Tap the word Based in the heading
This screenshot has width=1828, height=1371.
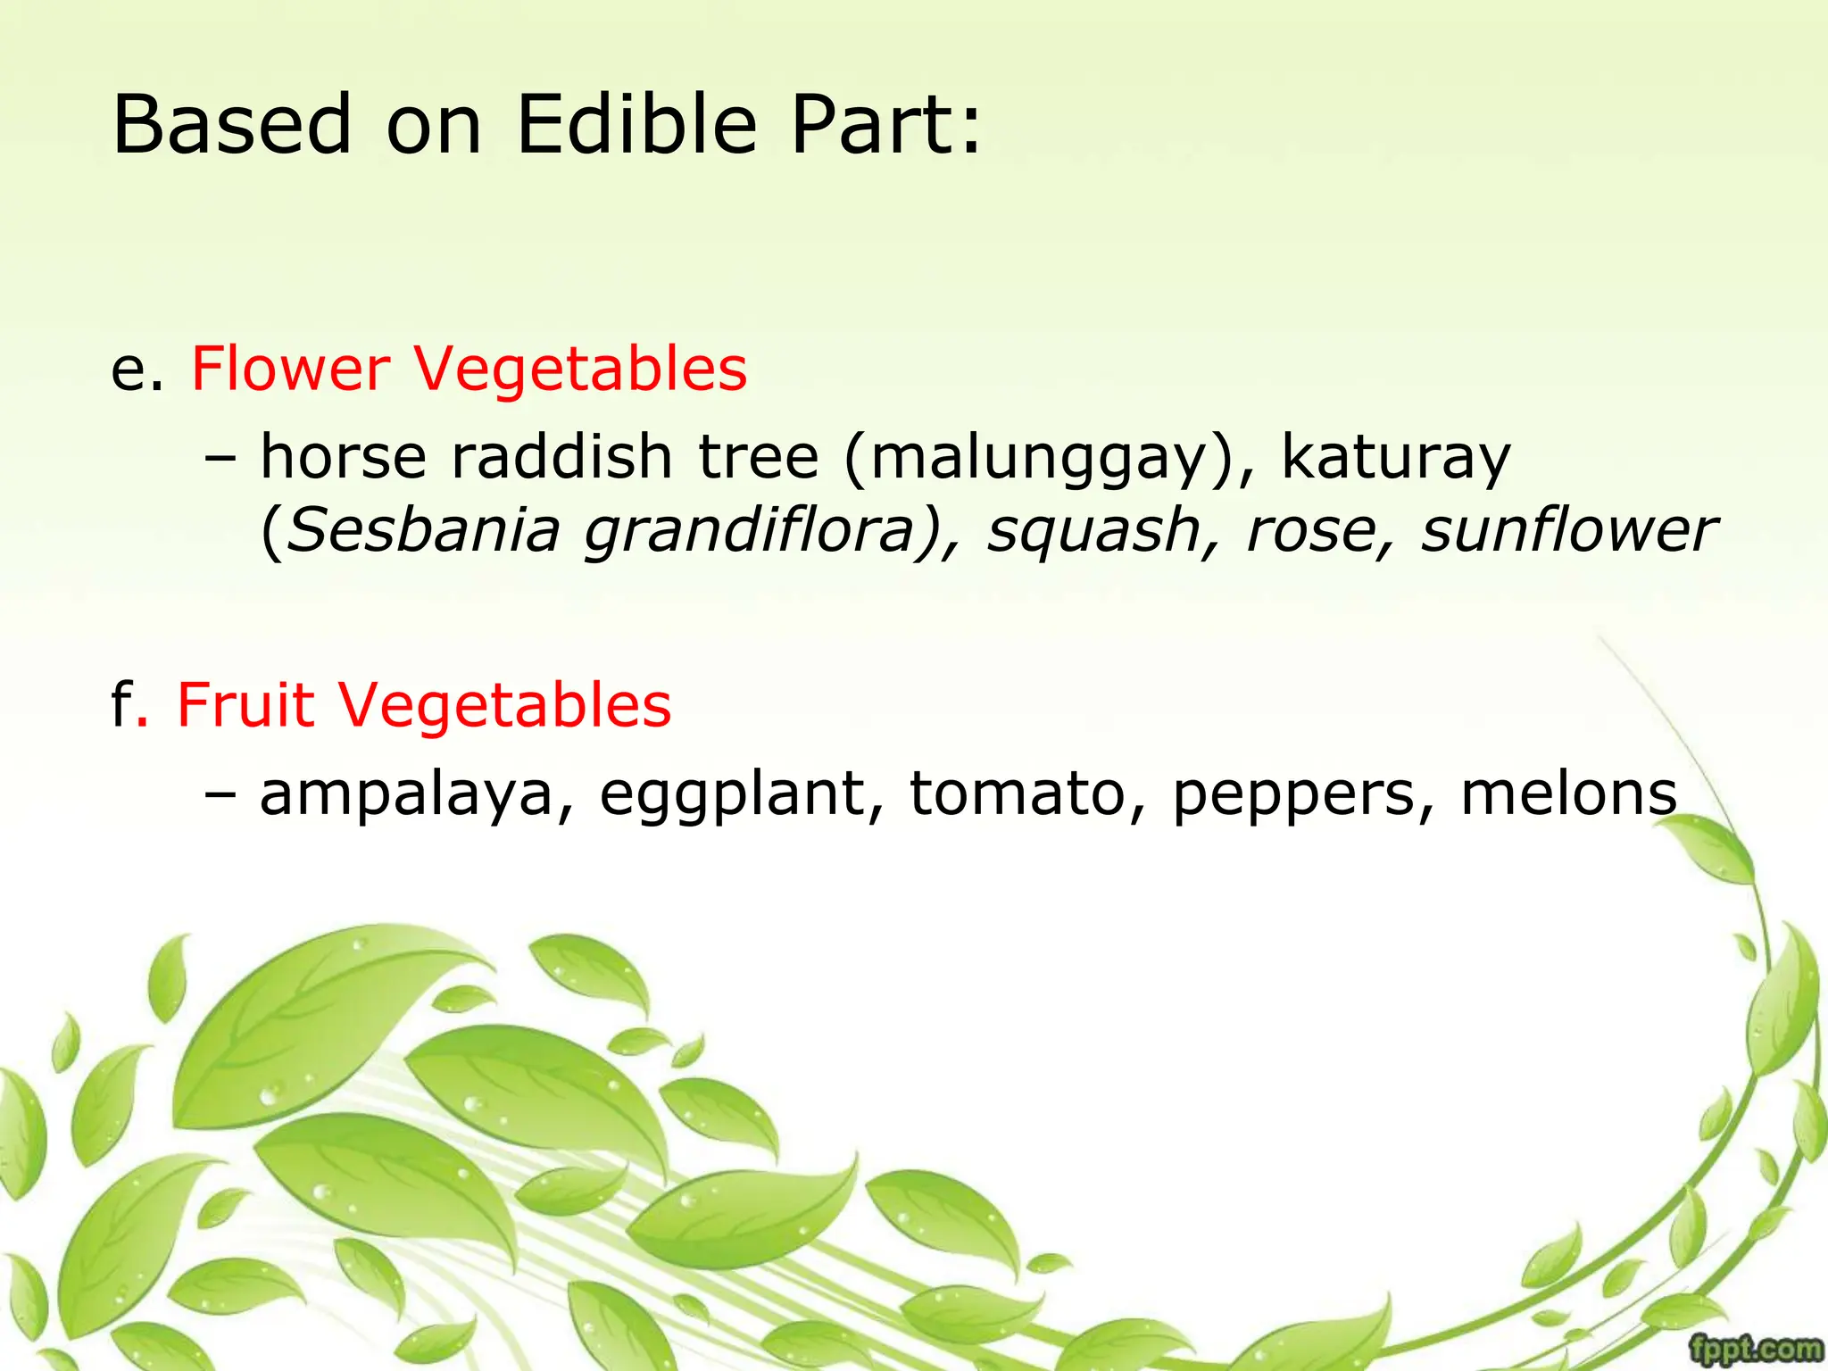(232, 125)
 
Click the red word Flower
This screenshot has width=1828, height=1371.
(291, 369)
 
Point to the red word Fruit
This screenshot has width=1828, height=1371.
(245, 705)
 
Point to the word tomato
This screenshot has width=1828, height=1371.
(1018, 793)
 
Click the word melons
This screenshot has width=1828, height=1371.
(1569, 793)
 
